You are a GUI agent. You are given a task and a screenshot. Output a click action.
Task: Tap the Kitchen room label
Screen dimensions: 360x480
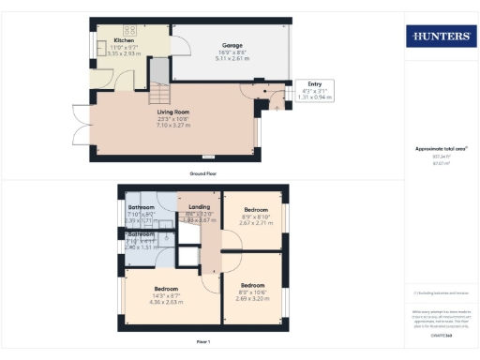click(x=124, y=41)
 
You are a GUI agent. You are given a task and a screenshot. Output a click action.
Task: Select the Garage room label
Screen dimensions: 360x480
click(x=232, y=45)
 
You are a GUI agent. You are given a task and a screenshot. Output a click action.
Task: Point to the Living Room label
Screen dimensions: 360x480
click(x=173, y=112)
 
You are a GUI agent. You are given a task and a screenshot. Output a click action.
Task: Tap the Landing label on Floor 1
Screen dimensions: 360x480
click(x=199, y=206)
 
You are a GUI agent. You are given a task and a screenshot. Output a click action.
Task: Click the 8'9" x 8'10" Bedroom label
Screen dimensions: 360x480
click(x=255, y=210)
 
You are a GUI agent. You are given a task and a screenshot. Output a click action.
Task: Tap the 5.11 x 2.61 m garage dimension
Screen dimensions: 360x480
click(x=232, y=59)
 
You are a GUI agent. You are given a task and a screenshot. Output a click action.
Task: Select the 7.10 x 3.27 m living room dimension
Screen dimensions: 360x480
click(x=173, y=125)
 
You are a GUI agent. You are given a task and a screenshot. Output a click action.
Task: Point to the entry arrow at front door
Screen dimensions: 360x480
click(x=277, y=106)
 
